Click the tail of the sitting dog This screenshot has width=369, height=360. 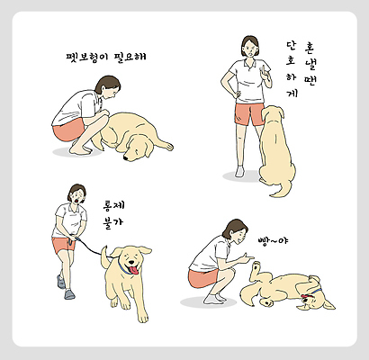pyautogui.click(x=279, y=189)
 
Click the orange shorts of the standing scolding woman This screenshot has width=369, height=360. pyautogui.click(x=248, y=114)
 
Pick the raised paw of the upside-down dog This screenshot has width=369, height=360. pyautogui.click(x=256, y=266)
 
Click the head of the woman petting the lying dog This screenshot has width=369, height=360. pyautogui.click(x=108, y=86)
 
